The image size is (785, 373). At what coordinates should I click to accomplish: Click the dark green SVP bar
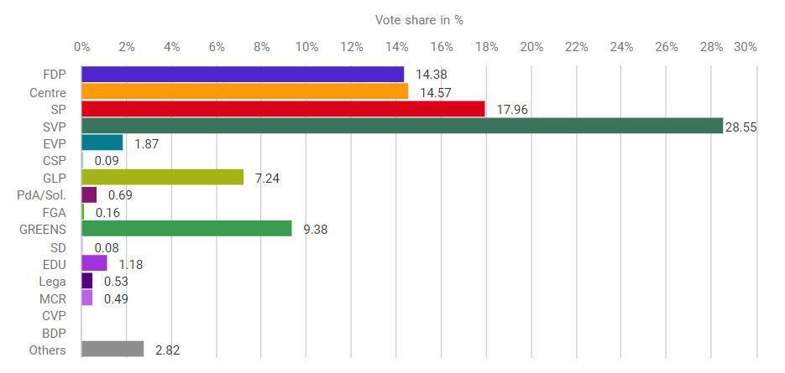(x=402, y=126)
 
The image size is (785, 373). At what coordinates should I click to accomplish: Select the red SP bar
(x=283, y=109)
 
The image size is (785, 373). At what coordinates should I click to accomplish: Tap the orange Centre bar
(x=244, y=91)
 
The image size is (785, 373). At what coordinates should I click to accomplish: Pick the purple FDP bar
(x=243, y=75)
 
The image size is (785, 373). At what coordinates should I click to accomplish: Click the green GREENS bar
(x=186, y=229)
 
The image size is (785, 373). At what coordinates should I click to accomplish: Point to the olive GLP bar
(x=162, y=177)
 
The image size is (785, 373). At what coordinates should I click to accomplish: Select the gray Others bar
(x=113, y=349)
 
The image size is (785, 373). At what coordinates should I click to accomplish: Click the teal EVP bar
(x=102, y=142)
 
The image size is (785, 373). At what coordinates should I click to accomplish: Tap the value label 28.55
(x=741, y=127)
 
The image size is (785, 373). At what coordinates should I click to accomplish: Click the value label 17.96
(x=512, y=109)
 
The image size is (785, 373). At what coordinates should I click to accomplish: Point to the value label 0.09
(x=107, y=160)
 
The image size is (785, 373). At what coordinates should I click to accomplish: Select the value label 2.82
(x=163, y=350)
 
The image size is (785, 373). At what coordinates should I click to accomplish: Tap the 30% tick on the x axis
(x=746, y=47)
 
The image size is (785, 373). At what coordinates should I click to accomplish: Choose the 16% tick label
(x=442, y=47)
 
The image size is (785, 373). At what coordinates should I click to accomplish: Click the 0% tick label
(x=81, y=47)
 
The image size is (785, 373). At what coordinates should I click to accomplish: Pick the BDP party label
(x=54, y=333)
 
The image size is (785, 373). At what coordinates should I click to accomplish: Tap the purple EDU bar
(x=94, y=263)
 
